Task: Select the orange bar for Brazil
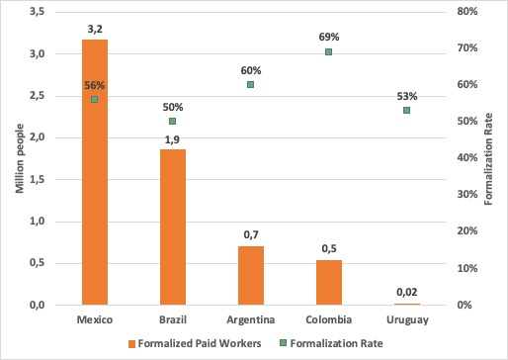(172, 227)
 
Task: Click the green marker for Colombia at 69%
(329, 52)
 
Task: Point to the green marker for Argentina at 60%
(251, 85)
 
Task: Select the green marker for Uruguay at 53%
(406, 111)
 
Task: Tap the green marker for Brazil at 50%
(173, 122)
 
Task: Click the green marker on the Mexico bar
(95, 100)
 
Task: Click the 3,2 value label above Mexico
(95, 30)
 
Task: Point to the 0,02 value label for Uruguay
(406, 292)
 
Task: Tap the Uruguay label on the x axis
(406, 320)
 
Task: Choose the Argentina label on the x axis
(250, 320)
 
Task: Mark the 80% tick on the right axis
(467, 12)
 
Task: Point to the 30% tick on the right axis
(467, 195)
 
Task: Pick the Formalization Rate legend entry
(347, 344)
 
